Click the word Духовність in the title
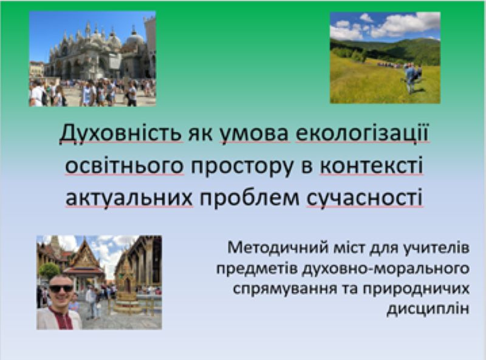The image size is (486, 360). click(120, 133)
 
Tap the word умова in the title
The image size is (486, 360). click(254, 134)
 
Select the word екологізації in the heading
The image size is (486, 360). click(362, 133)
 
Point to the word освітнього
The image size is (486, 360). click(125, 165)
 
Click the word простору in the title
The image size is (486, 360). click(242, 166)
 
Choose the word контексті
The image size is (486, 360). click(371, 165)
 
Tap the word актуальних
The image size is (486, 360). click(129, 199)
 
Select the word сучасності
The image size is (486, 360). click(364, 199)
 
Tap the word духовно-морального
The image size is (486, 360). click(385, 268)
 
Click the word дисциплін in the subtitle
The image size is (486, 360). click(428, 309)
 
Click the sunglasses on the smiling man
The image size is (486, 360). click(61, 289)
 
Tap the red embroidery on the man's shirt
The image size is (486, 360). click(61, 319)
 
